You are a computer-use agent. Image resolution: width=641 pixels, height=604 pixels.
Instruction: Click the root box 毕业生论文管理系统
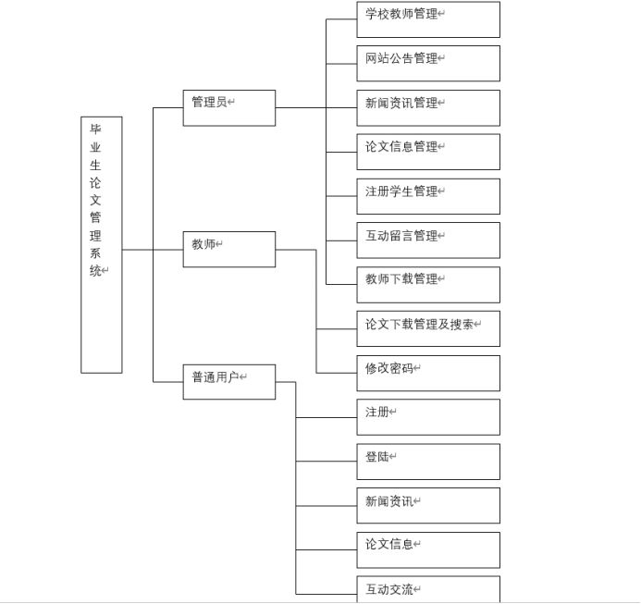pos(102,244)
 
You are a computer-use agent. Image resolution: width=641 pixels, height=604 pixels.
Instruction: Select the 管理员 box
pos(228,107)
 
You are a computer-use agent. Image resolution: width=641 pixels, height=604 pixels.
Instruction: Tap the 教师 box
pos(228,249)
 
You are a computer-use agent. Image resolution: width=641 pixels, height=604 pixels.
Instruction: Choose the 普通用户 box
pos(228,381)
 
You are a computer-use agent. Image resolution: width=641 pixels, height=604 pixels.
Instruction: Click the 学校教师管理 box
pos(428,19)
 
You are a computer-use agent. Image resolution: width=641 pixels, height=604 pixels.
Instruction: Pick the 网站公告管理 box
pos(428,63)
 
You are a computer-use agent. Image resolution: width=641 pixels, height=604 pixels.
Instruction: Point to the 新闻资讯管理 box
pos(428,107)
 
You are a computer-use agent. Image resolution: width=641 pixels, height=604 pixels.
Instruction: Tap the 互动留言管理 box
pos(428,240)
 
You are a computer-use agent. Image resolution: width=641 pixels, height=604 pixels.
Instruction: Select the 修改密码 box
pos(428,373)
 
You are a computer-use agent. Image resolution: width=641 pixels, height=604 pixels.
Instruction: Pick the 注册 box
pos(428,416)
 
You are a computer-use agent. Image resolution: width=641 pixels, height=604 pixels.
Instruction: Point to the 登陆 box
pos(428,461)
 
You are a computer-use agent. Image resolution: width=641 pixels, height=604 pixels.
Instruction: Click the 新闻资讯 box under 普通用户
pos(428,505)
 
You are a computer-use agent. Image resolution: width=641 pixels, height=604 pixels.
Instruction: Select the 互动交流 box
pos(428,589)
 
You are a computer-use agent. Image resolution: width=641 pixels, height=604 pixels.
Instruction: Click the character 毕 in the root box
pos(95,129)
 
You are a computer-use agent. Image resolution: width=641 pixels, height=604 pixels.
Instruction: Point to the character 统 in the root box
pos(95,271)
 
